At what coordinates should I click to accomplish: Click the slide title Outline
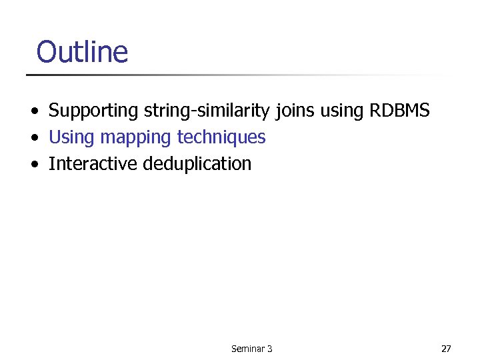(x=82, y=51)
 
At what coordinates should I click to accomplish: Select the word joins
(x=296, y=111)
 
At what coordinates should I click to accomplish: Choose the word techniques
(x=221, y=137)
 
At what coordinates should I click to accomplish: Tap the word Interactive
(x=93, y=163)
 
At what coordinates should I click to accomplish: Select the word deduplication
(x=197, y=164)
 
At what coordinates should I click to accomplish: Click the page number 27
(x=446, y=349)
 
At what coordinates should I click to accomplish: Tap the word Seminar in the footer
(x=247, y=349)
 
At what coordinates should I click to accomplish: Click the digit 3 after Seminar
(x=269, y=349)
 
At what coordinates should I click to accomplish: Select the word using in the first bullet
(x=341, y=111)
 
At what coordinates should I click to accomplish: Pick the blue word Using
(x=72, y=138)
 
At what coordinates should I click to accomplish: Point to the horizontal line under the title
(x=233, y=75)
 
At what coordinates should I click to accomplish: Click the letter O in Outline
(x=46, y=52)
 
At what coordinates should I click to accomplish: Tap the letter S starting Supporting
(x=53, y=110)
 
